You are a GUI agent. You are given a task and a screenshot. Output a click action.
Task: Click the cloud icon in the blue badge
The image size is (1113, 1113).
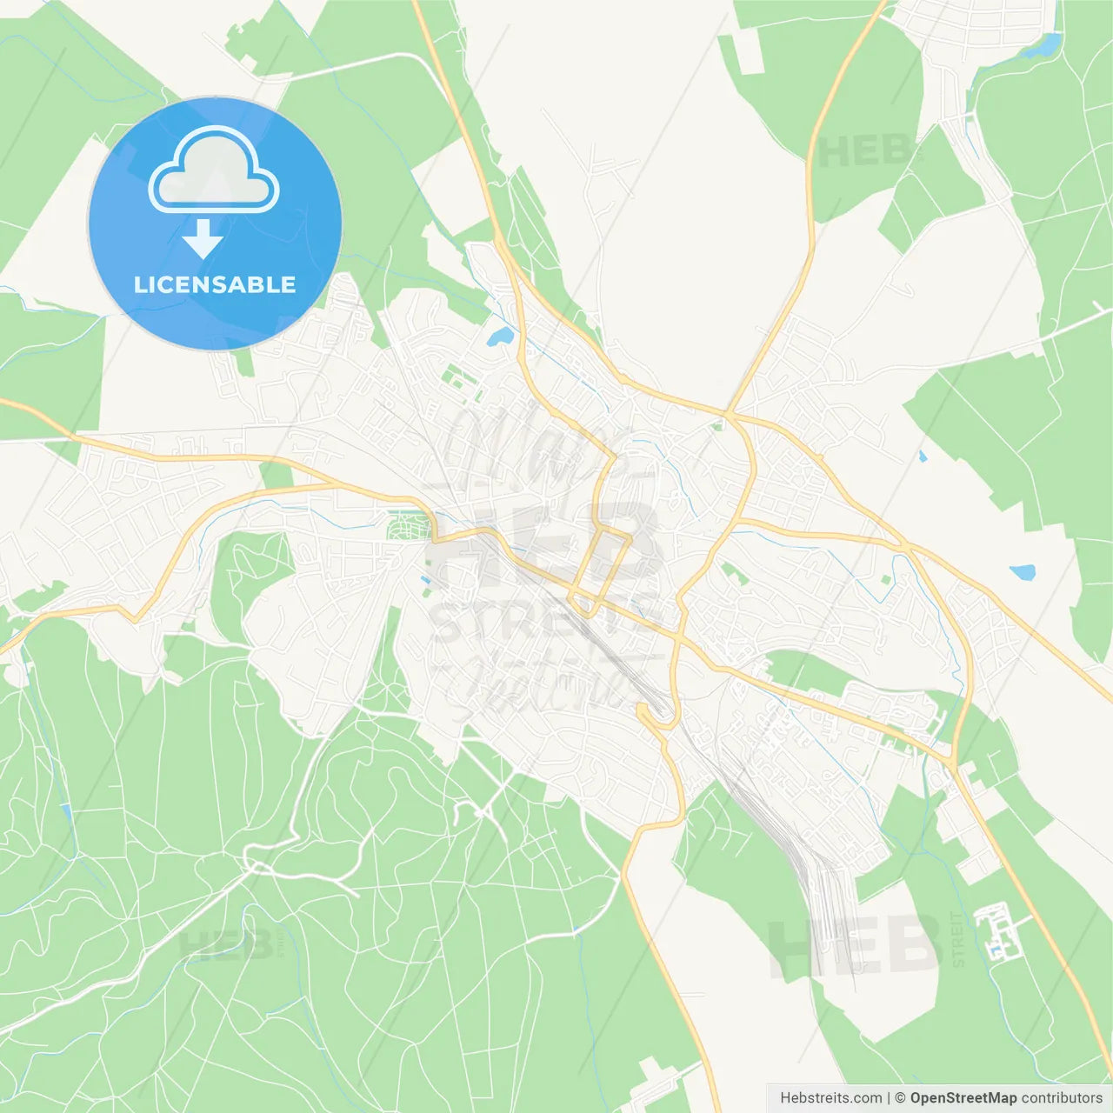tap(214, 170)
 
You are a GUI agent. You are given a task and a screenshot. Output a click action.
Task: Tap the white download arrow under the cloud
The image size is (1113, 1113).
tap(203, 239)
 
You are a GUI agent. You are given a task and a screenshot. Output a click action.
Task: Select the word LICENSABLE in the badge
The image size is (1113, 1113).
tap(215, 284)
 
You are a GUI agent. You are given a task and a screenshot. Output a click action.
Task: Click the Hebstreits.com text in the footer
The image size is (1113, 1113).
tap(830, 1097)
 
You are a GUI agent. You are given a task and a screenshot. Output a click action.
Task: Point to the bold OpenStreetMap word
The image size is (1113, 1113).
tap(963, 1097)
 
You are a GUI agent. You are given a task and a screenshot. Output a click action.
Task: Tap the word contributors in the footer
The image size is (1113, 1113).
tap(1062, 1097)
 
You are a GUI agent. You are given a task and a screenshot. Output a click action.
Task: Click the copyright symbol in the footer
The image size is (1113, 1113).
tap(901, 1097)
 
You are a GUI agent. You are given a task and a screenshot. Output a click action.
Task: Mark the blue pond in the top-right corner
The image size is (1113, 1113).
tap(1043, 45)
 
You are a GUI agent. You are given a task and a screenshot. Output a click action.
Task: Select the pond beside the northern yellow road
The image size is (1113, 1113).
tap(499, 337)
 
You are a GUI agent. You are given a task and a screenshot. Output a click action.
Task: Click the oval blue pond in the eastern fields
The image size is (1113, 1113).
tap(1023, 572)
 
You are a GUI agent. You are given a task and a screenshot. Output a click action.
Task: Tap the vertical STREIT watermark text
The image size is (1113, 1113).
tap(958, 939)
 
